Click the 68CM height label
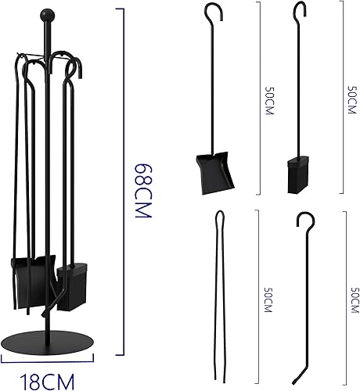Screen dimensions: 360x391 [143, 191]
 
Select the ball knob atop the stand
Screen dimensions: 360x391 [47, 15]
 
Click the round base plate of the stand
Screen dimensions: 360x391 [47, 343]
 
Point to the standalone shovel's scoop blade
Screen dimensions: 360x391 [214, 173]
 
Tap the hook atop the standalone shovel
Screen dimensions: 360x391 [214, 12]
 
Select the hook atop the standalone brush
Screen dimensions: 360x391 [300, 9]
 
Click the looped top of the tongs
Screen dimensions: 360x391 [220, 217]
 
